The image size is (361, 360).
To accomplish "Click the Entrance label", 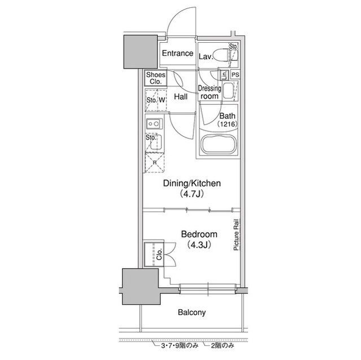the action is click(178, 54).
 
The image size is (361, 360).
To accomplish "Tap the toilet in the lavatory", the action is click(221, 55).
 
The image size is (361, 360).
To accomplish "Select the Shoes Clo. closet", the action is click(156, 78).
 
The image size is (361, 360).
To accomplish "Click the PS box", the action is click(235, 75).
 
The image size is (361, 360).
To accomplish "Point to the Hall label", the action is click(180, 97).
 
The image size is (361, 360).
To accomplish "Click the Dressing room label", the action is click(209, 92).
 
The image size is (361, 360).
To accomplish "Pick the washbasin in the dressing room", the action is click(228, 91).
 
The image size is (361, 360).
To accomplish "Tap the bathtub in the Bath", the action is click(218, 145).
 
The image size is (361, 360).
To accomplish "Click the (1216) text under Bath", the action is click(227, 124).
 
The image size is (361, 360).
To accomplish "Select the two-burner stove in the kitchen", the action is click(154, 124).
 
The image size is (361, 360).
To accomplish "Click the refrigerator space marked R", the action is click(155, 163).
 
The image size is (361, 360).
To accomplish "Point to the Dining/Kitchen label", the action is click(192, 184).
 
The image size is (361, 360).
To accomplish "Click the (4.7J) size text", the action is click(192, 194).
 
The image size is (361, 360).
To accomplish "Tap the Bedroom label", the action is click(199, 234).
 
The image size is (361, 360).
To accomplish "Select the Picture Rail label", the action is click(236, 235).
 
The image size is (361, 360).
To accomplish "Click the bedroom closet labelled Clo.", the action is click(154, 254).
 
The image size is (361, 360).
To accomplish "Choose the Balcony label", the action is click(192, 313).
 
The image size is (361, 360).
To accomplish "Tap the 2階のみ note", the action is click(223, 345).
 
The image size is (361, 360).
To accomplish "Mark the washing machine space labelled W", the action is click(162, 100).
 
